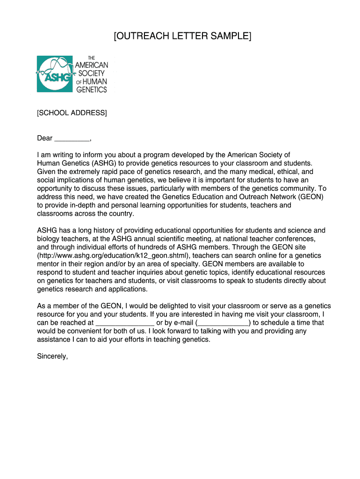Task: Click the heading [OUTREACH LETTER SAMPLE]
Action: point(183,36)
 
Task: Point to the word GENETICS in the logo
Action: point(92,90)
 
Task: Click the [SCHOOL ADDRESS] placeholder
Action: point(72,113)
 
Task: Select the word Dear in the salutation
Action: point(45,138)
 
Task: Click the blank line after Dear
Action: point(72,139)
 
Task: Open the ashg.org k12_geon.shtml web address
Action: point(114,256)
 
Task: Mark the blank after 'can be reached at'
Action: point(125,323)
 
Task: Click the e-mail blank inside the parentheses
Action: point(223,323)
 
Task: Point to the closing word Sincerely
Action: point(52,356)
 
